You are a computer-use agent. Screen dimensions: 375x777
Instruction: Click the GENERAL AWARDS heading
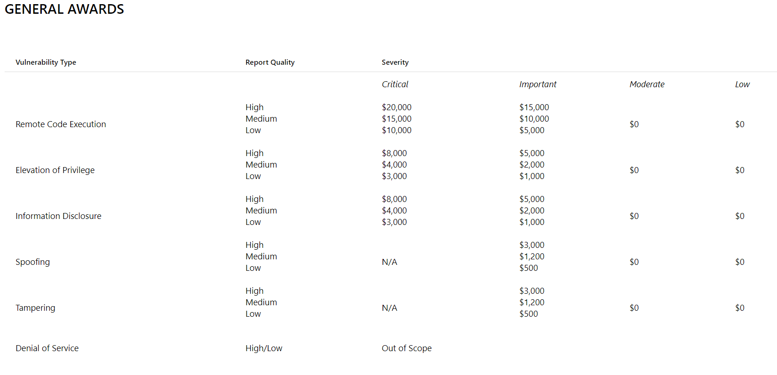64,9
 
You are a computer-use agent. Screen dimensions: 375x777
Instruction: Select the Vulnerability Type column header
46,62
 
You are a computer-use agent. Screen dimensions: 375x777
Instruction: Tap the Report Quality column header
270,62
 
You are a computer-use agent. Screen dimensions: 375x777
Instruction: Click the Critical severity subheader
395,84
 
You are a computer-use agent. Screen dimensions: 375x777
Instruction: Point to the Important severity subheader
538,84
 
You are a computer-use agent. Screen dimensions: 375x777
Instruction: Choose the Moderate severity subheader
647,84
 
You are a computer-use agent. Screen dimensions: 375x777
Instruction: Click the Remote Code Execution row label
61,124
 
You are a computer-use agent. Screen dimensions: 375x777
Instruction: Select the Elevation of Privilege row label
55,170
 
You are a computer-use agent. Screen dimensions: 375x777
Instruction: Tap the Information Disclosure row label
58,216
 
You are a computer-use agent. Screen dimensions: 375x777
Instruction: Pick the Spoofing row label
33,262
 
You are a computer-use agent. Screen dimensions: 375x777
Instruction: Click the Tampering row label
35,308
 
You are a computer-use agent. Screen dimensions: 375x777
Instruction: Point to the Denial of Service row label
47,348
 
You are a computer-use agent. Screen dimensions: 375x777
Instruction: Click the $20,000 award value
397,107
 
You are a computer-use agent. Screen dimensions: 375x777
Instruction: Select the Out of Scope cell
407,348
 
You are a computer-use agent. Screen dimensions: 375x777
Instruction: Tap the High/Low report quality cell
264,348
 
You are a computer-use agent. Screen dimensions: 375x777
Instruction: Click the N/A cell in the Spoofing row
389,262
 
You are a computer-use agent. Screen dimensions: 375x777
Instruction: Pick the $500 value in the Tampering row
529,314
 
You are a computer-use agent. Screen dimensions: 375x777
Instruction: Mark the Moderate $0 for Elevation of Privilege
634,170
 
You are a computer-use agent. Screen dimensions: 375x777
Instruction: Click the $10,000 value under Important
534,119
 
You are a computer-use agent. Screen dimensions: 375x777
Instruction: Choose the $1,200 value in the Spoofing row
532,257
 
